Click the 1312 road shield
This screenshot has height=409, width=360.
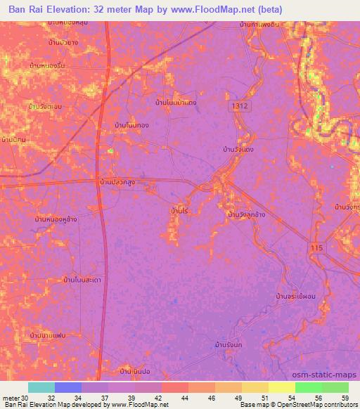coord(241,104)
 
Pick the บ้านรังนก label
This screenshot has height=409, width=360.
coord(229,346)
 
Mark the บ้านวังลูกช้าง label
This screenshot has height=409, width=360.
coord(246,214)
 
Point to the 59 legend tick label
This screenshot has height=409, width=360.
coord(344,398)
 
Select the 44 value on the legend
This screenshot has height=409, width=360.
coord(184,398)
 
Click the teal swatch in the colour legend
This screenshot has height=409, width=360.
coord(41,387)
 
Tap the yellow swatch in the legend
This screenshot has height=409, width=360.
coord(281,387)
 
